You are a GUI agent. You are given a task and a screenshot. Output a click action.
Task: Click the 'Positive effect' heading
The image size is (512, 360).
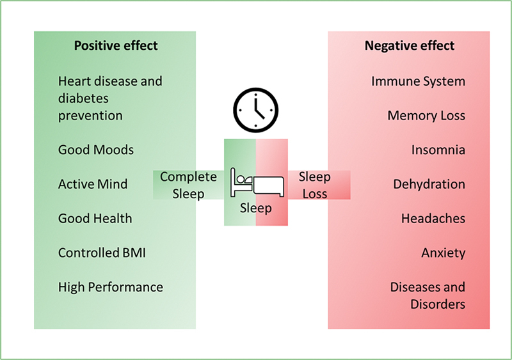click(x=116, y=46)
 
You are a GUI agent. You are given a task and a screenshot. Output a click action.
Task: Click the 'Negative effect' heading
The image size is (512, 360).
click(x=410, y=46)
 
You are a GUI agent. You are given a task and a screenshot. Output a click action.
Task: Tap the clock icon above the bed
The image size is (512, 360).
click(x=256, y=110)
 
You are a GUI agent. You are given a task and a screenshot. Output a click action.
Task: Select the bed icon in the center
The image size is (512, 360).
click(x=256, y=183)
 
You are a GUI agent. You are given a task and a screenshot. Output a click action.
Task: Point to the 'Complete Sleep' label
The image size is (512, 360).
click(x=188, y=185)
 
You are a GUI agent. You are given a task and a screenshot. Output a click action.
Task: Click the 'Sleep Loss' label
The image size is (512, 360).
click(x=314, y=185)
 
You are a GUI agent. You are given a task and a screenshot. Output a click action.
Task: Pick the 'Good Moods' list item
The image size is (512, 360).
click(x=96, y=150)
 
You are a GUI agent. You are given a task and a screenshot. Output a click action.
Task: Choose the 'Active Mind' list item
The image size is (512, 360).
click(x=93, y=184)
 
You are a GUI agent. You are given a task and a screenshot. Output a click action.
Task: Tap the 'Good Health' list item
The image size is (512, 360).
click(x=95, y=219)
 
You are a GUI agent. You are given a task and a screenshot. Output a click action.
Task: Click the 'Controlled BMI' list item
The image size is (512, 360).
click(x=102, y=253)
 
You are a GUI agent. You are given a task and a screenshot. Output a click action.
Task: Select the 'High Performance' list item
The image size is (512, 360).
click(x=110, y=288)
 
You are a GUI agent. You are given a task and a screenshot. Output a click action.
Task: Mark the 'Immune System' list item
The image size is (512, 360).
click(x=418, y=81)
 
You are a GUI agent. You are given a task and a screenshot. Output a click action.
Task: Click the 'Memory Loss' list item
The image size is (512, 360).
click(x=426, y=116)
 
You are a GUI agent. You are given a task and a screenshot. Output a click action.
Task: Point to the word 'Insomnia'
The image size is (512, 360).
click(x=438, y=150)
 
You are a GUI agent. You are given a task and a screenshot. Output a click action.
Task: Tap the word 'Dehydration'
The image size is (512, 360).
click(x=429, y=184)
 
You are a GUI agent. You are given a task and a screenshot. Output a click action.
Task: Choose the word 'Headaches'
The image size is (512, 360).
click(x=433, y=219)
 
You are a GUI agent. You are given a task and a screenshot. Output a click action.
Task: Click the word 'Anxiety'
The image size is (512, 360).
click(x=443, y=253)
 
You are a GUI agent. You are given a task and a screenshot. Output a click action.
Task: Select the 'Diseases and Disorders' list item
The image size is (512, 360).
click(x=428, y=295)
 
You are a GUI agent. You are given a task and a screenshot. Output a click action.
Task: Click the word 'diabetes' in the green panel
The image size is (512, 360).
click(x=83, y=98)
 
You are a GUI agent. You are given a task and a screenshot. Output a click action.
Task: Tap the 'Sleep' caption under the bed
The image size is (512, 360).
click(x=256, y=208)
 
